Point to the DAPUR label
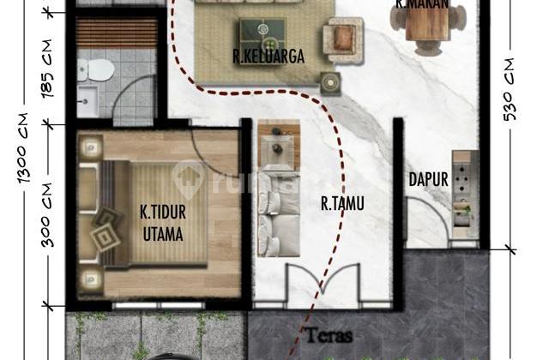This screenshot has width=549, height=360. (x=429, y=180)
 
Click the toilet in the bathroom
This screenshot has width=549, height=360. (x=100, y=68)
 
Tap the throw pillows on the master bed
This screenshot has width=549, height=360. (x=109, y=225)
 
